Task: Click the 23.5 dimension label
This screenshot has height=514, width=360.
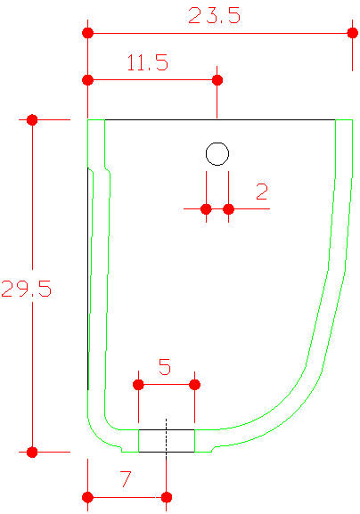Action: (214, 15)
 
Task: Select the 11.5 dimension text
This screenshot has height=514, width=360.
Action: (148, 62)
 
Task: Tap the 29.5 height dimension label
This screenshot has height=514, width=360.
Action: (26, 289)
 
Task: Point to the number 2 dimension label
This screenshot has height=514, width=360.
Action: (262, 192)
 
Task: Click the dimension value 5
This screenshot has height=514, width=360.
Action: (165, 367)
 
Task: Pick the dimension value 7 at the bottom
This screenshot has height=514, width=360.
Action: (126, 479)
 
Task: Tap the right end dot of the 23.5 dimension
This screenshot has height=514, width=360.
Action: (353, 33)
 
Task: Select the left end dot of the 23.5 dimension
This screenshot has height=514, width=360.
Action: (87, 33)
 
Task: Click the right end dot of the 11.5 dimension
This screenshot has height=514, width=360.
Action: (217, 80)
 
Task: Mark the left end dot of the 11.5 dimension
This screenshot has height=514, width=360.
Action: (87, 80)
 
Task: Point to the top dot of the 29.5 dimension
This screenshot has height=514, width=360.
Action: (32, 120)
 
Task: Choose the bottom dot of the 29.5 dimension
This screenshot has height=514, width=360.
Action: (32, 453)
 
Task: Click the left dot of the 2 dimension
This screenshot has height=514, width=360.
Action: (206, 208)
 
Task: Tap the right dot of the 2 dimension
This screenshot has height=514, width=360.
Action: (228, 208)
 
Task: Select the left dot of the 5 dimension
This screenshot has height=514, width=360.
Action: (138, 385)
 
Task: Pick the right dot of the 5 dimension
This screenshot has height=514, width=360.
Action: (195, 385)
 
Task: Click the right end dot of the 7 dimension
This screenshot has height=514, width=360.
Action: (167, 497)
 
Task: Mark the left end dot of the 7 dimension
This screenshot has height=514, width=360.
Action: (87, 497)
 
